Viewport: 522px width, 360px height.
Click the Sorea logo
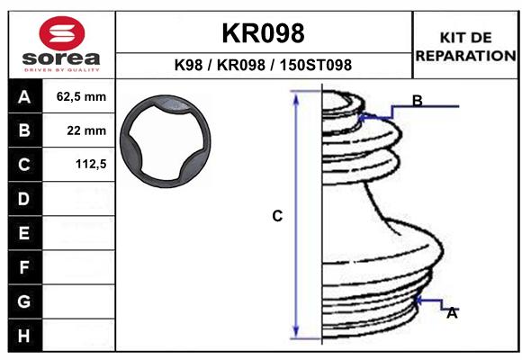(x=60, y=44)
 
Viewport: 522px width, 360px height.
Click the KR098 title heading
(x=263, y=33)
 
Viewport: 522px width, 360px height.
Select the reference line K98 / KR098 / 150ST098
(x=263, y=66)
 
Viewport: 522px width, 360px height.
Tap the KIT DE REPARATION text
(x=465, y=46)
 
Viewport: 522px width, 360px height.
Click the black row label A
(x=24, y=96)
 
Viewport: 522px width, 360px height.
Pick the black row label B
(x=24, y=130)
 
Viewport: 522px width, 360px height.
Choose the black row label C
(x=24, y=165)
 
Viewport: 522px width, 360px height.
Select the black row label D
(x=24, y=199)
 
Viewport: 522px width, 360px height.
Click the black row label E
(x=24, y=233)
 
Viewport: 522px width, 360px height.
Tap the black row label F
(x=24, y=267)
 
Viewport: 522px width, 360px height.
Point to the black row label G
(x=24, y=301)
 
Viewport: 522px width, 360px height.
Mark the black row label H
(x=24, y=335)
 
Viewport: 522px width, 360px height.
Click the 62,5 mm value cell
(x=81, y=96)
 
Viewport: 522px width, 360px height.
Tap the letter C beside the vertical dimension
(x=278, y=216)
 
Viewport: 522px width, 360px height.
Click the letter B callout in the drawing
(x=418, y=100)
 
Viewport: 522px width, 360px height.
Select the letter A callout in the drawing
(x=452, y=313)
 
